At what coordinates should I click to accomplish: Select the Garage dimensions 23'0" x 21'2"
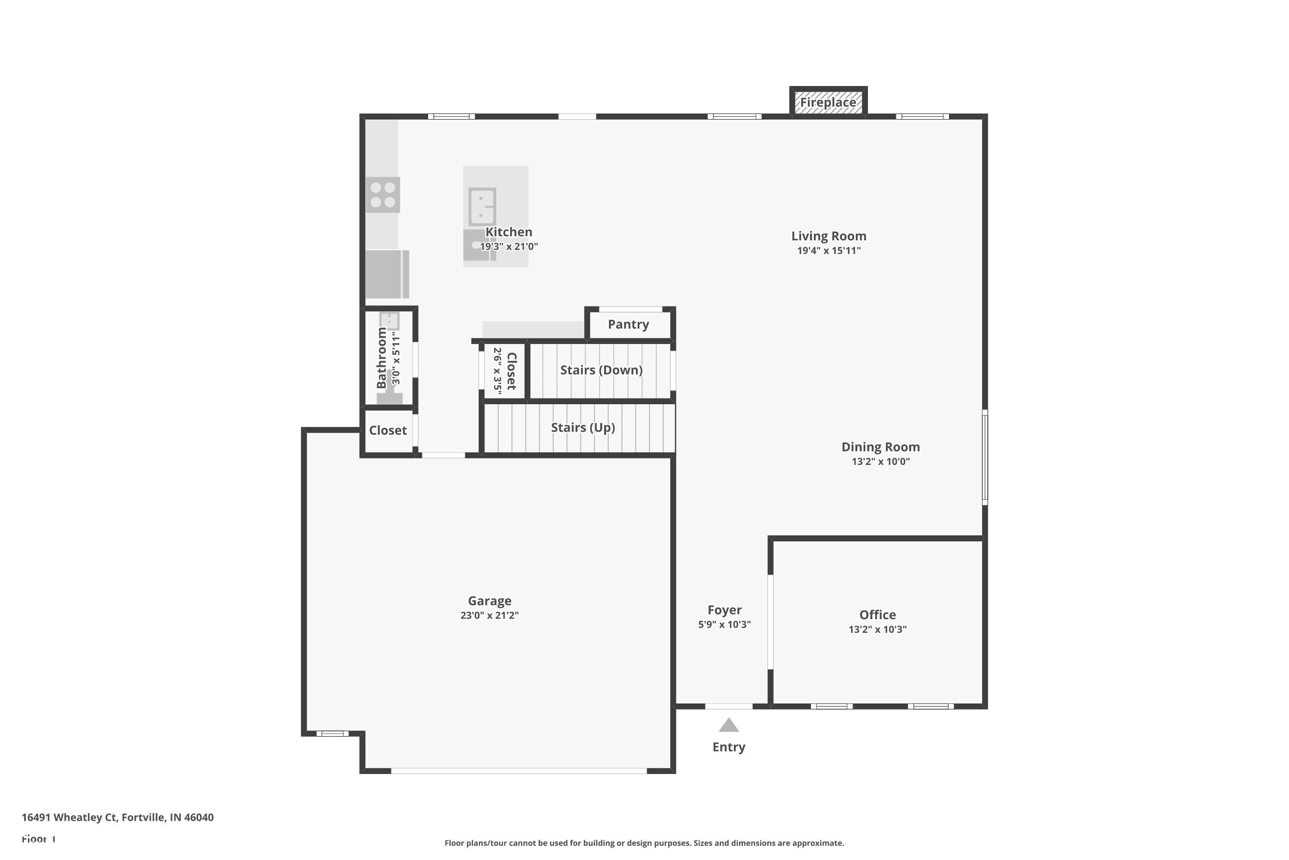pos(489,615)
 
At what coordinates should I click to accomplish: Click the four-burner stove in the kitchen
pos(382,195)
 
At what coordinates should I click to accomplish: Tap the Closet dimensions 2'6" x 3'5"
pos(498,371)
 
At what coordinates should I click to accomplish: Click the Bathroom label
pos(382,358)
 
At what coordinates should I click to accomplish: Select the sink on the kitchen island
pos(482,206)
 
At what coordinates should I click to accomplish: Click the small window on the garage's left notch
pos(332,733)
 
